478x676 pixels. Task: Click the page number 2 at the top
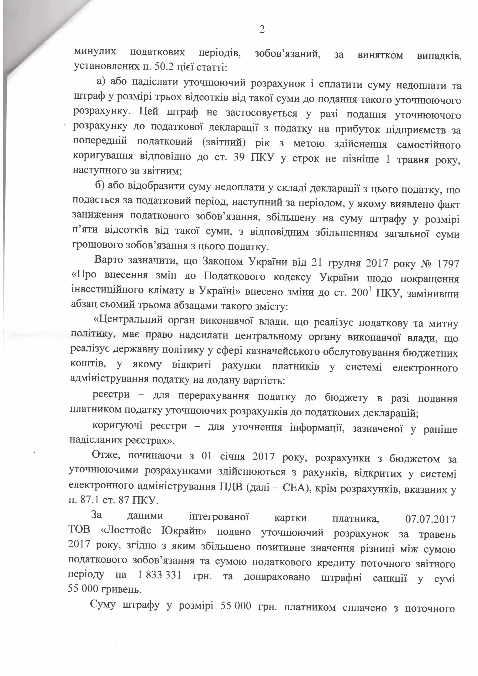(261, 29)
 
